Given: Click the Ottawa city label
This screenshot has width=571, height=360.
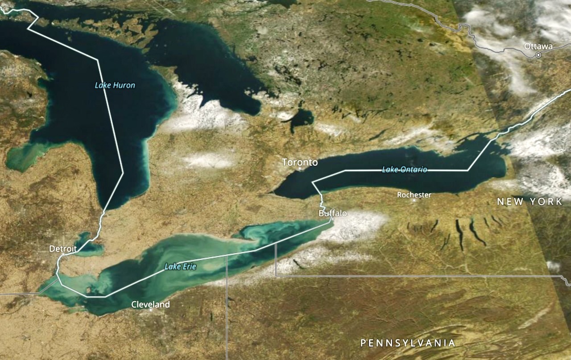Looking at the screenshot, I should [538, 46].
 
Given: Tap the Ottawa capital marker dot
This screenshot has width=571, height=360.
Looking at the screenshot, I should [538, 55].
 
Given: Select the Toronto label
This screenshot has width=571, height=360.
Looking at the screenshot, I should [300, 162].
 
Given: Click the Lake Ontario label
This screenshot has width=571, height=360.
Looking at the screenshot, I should [405, 170].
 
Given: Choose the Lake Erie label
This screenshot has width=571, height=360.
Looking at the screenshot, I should [180, 267].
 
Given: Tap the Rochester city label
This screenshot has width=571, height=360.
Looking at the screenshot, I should [414, 195].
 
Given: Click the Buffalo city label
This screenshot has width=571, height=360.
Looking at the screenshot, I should [332, 214].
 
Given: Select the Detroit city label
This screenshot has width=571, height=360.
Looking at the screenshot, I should [63, 248].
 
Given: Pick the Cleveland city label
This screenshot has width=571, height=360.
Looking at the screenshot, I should [150, 305].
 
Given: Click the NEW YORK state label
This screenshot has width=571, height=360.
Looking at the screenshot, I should [530, 202].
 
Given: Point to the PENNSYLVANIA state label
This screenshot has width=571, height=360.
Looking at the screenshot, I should [408, 343].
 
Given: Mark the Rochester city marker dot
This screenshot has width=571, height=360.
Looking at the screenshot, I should [414, 201].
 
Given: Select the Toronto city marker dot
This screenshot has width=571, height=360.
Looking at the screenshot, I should [300, 169].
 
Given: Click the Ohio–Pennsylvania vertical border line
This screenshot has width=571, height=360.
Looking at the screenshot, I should [227, 312].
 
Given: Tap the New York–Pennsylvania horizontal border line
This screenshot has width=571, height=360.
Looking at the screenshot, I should [401, 276].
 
